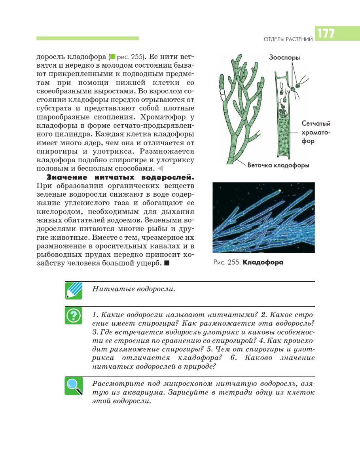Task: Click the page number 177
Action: point(325,34)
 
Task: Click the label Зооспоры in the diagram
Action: point(284,57)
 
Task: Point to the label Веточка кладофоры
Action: point(278,165)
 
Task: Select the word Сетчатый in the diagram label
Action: point(316,123)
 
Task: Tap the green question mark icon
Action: point(74,315)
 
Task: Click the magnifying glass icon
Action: point(74,386)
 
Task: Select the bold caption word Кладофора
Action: point(263,262)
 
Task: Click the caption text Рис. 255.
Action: point(226,262)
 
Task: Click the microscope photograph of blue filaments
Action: point(263,217)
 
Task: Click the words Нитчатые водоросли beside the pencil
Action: point(133,288)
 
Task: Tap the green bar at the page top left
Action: point(87,38)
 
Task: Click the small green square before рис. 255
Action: point(113,56)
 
